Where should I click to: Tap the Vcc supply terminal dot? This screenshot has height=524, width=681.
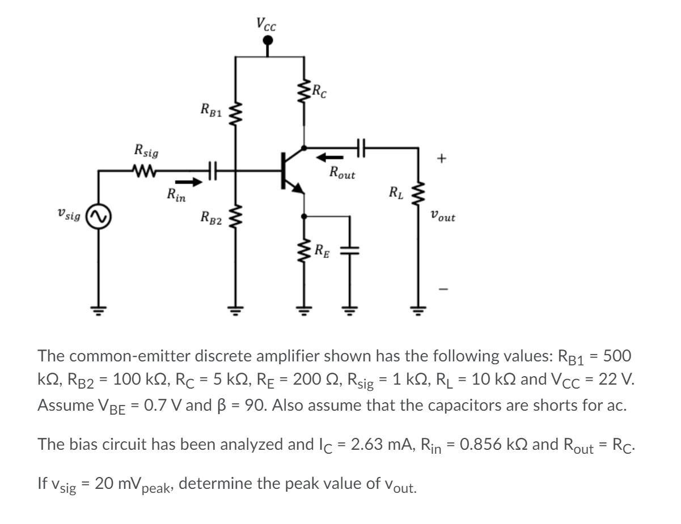coord(269,40)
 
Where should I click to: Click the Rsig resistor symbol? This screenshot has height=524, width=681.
coord(146,169)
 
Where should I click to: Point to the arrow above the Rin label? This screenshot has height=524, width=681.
coord(188,182)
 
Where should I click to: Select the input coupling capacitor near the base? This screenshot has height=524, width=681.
coord(212,169)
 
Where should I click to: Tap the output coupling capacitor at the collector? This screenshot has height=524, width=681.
coord(361,148)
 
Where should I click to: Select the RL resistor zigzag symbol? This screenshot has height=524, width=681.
coord(420,196)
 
